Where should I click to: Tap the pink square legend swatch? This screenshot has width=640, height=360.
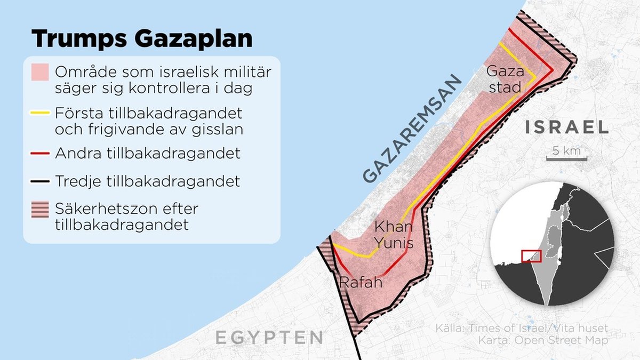pos(40,73)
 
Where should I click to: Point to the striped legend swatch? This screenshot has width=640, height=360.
pos(40,209)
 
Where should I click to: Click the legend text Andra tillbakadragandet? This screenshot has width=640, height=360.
pos(148,154)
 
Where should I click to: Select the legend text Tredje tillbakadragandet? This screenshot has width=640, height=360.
pos(147,181)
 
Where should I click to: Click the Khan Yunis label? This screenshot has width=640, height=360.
pos(394,235)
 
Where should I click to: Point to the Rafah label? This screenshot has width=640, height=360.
pos(361,282)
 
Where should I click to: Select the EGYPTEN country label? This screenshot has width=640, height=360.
pos(269,337)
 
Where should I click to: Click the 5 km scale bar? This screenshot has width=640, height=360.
pos(566,155)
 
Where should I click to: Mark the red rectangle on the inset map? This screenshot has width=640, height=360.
pos(531,255)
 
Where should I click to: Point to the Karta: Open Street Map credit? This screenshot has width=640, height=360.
pos(542,340)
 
